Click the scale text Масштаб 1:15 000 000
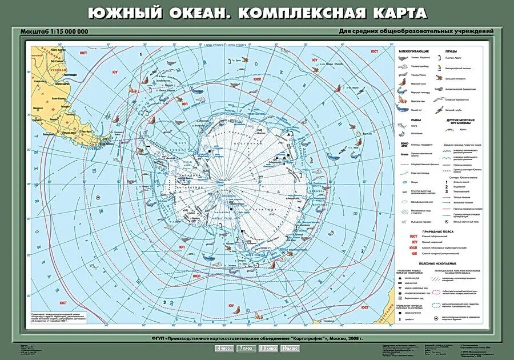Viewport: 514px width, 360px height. (x=55, y=31)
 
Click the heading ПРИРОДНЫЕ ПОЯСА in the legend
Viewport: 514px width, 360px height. (x=439, y=229)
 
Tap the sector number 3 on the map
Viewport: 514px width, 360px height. (x=164, y=302)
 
